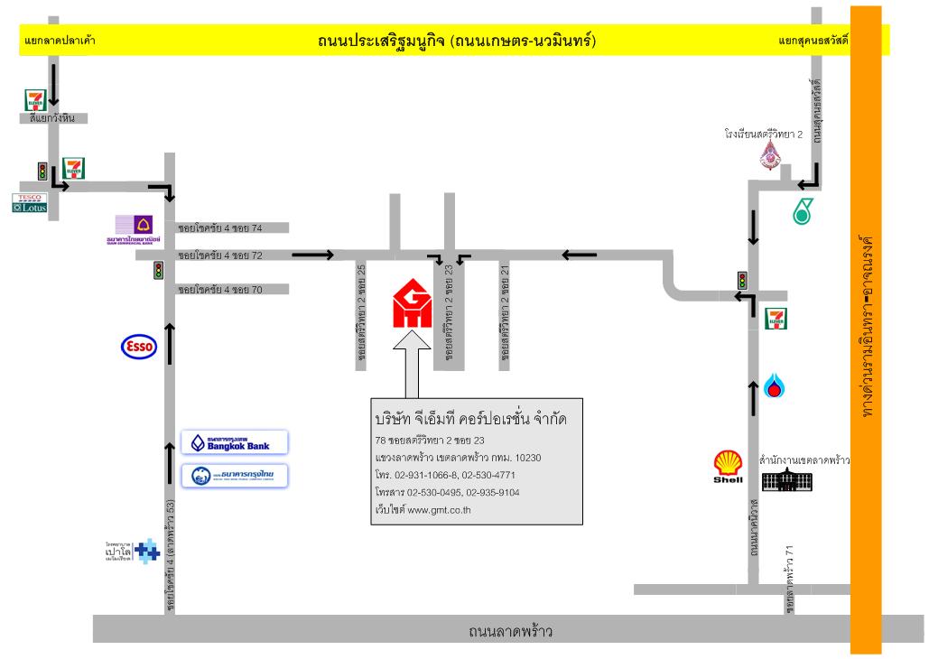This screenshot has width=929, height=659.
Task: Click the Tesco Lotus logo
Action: coord(30,202)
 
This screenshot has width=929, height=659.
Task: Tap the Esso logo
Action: coord(139,346)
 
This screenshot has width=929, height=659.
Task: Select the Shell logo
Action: coord(729,467)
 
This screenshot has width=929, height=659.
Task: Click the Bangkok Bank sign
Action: coord(235,442)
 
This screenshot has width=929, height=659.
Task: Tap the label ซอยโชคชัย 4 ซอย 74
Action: coord(220,227)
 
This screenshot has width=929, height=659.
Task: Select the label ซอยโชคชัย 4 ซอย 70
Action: coord(220,289)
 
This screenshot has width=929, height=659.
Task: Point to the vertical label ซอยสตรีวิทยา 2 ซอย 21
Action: coord(506,315)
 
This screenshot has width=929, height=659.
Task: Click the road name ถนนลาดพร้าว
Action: coord(510,630)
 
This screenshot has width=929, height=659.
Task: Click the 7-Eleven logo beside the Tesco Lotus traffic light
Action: coord(73,169)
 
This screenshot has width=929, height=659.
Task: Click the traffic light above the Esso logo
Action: coord(157,270)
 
